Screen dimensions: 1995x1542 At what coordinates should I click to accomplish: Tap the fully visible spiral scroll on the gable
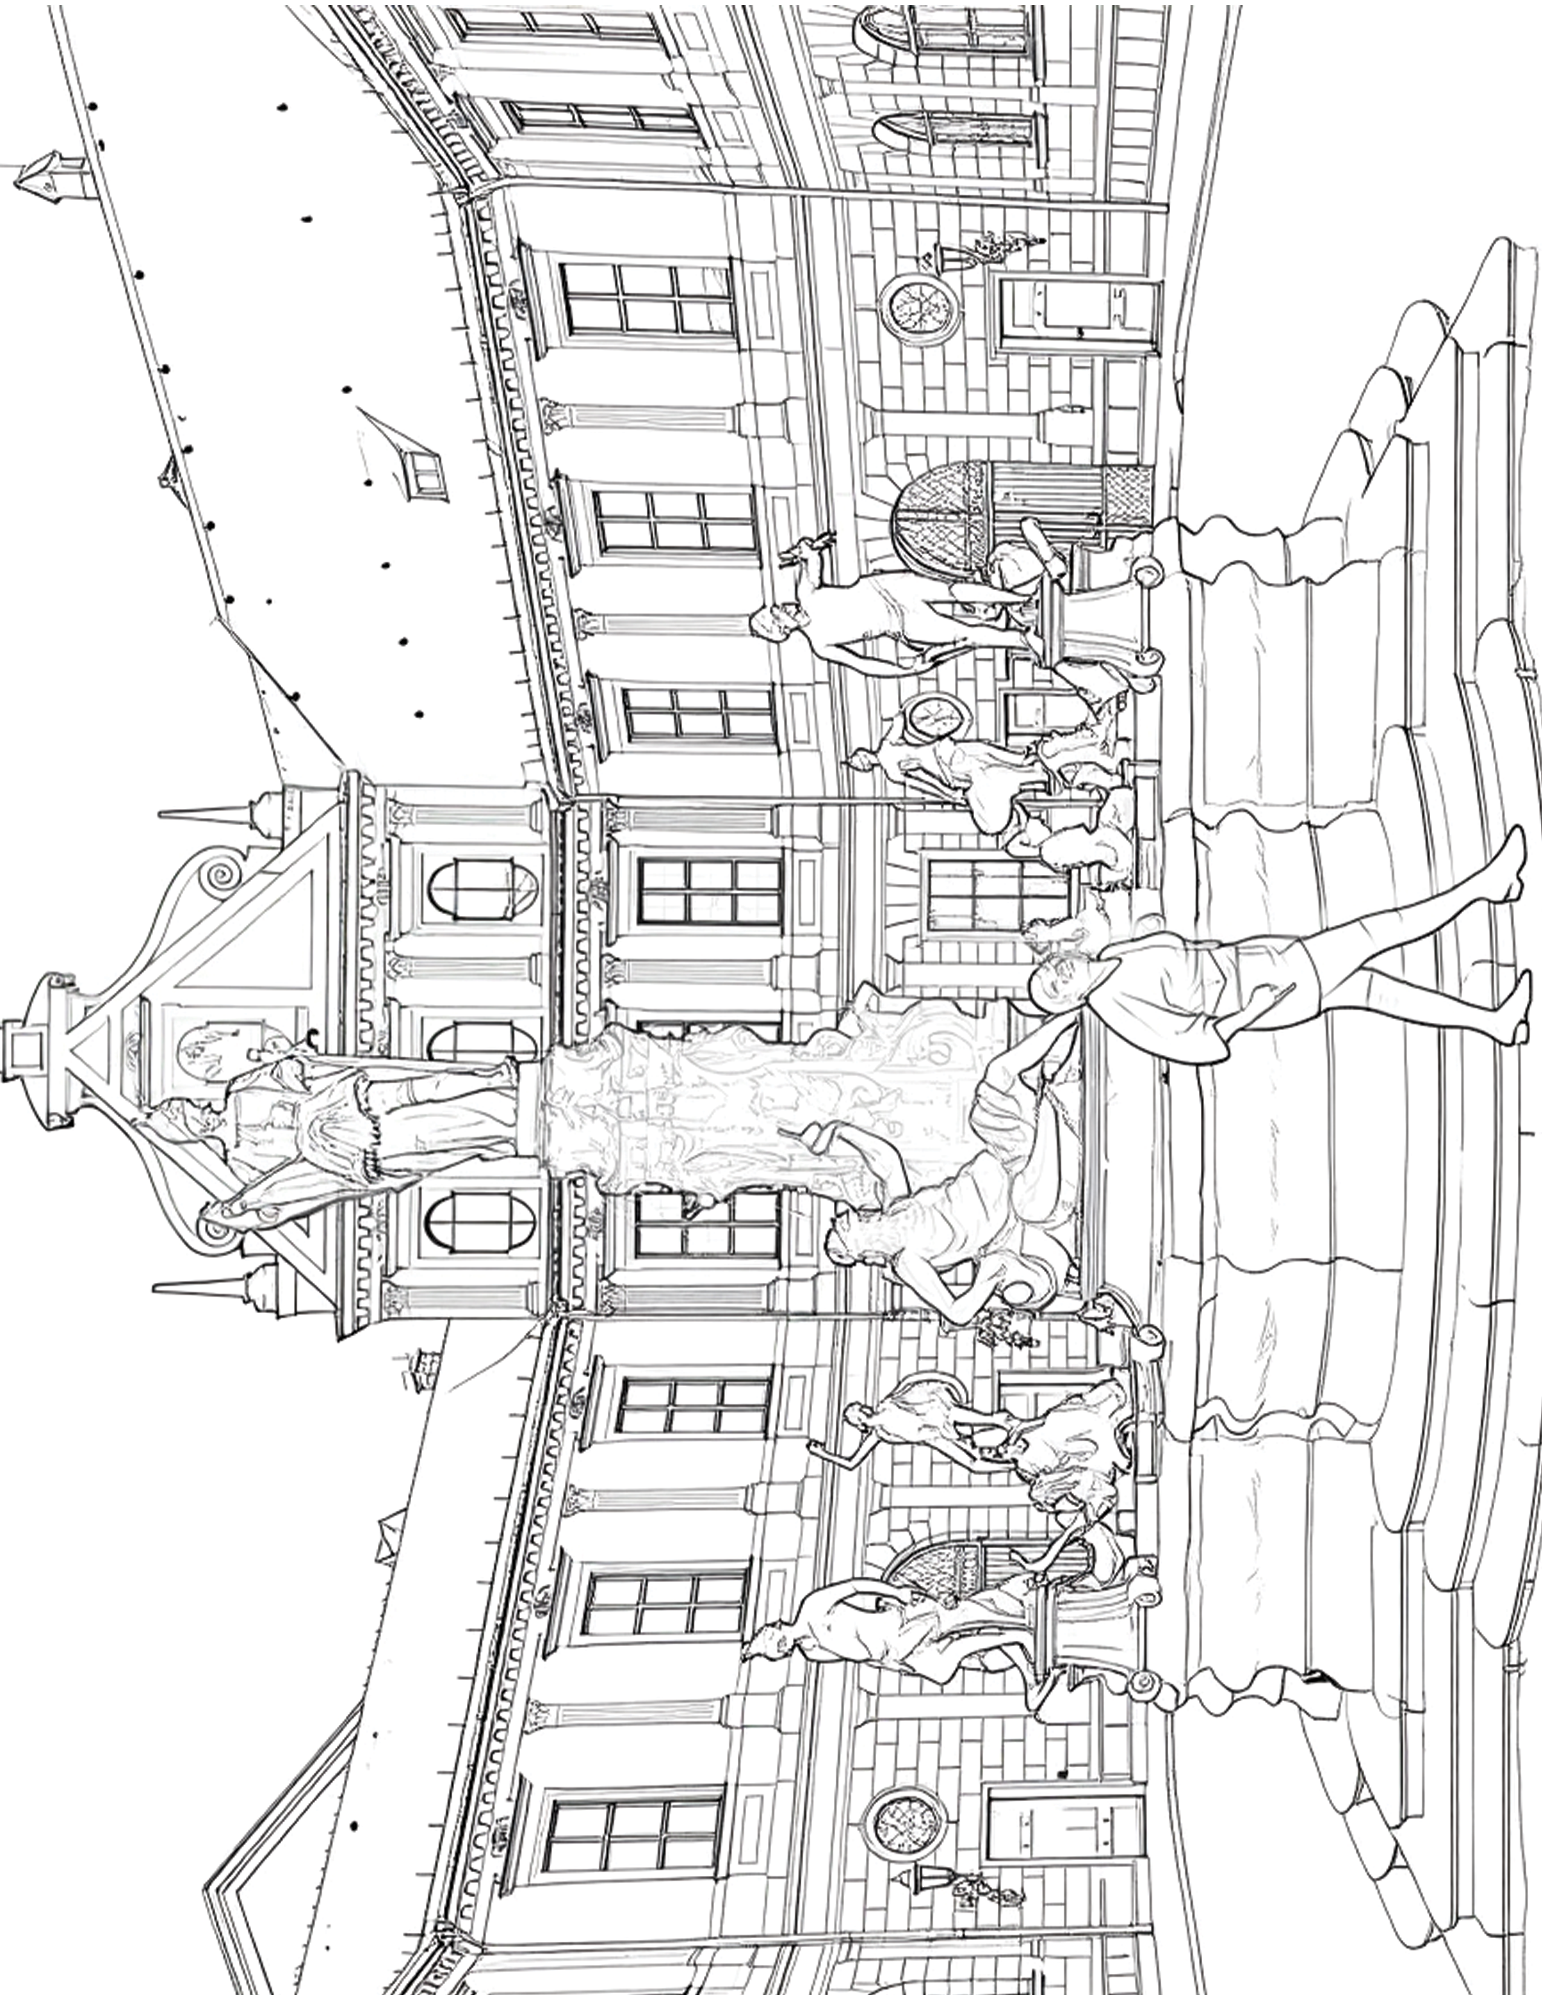pos(220,877)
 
